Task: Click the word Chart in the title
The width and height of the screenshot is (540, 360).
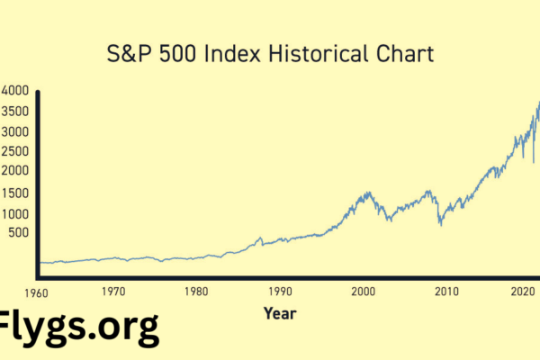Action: coord(405,55)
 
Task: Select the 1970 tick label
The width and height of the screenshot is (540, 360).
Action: coord(113,292)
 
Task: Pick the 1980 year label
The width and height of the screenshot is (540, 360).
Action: coord(196,292)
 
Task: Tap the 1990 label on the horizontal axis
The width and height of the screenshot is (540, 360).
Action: coord(280,292)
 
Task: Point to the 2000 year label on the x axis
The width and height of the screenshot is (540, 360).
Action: coord(364,292)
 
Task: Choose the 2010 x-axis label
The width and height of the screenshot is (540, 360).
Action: coord(447,292)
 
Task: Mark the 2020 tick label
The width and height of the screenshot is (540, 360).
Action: coord(525,292)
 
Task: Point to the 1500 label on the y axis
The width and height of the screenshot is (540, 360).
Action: coord(15,193)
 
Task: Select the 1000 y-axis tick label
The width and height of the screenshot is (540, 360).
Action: coord(15,214)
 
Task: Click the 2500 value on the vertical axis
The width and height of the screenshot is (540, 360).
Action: coord(15,150)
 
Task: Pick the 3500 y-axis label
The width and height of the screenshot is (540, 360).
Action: coord(15,111)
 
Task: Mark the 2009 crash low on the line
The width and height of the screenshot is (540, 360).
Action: coord(440,223)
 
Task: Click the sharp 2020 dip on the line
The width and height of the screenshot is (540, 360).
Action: coord(534,162)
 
